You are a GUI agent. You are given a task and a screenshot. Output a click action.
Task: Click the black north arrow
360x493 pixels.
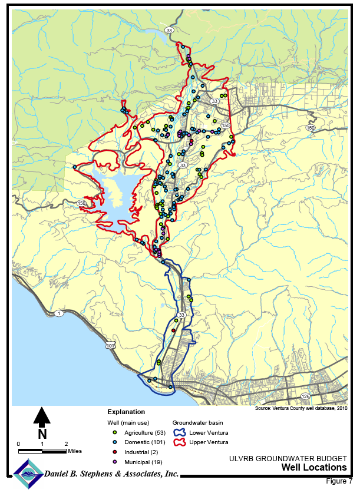pos(41,416)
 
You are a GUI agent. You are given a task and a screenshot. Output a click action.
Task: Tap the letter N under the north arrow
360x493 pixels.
pos(42,434)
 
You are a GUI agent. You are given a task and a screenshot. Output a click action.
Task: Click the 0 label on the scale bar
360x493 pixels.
pos(18,444)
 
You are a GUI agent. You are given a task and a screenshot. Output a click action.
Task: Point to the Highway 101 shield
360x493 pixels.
pos(110,346)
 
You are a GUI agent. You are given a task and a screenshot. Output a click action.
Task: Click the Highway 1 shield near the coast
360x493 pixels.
pos(59,313)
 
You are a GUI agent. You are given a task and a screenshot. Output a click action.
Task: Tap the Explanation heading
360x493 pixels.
pos(126,412)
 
